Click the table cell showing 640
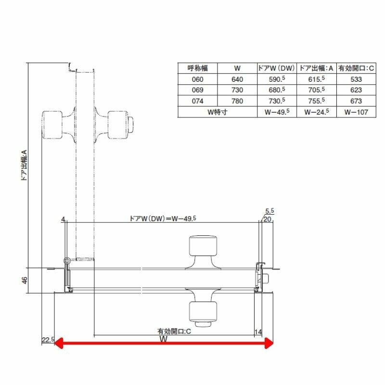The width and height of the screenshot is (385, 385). pos(237,79)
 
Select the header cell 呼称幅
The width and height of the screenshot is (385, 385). pos(197,68)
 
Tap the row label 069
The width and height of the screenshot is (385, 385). pos(197,90)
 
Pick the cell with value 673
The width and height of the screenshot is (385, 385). pos(356,101)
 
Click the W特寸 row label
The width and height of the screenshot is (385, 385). pos(218,112)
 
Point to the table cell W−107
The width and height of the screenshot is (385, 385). pos(356,112)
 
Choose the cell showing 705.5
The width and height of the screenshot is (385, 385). pos(316,90)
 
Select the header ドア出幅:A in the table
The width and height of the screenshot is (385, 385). pos(316,68)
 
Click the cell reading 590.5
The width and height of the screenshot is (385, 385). pos(277,79)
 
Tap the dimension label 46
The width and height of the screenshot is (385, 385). pos(25,280)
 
